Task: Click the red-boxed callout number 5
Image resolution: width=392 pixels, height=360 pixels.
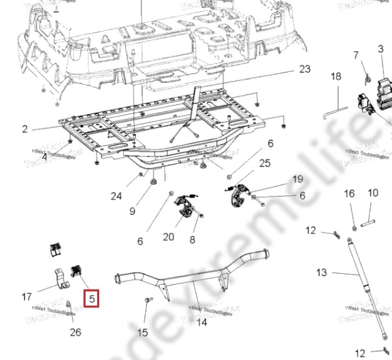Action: pyautogui.click(x=92, y=299)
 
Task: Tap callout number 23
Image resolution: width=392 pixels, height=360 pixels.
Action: pyautogui.click(x=305, y=69)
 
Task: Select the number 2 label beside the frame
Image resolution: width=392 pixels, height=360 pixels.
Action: pyautogui.click(x=25, y=129)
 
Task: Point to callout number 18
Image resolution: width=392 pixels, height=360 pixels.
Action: pyautogui.click(x=336, y=77)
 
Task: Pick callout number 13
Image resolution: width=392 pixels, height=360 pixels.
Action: pyautogui.click(x=322, y=273)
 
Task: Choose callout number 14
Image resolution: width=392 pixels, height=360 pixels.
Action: pyautogui.click(x=202, y=322)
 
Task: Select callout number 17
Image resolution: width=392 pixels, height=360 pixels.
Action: pyautogui.click(x=27, y=297)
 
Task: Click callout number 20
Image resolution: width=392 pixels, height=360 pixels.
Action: pyautogui.click(x=168, y=237)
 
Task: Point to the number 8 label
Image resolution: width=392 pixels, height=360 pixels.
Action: pyautogui.click(x=192, y=240)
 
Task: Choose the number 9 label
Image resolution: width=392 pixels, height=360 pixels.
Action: pyautogui.click(x=132, y=211)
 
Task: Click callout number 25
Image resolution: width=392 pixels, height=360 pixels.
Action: pyautogui.click(x=265, y=163)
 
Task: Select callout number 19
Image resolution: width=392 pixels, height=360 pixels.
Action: pyautogui.click(x=297, y=179)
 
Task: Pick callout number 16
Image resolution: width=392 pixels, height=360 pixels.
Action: pyautogui.click(x=349, y=194)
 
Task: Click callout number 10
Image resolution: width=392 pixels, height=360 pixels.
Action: pyautogui.click(x=373, y=193)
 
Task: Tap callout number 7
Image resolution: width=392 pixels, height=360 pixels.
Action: pyautogui.click(x=356, y=56)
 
